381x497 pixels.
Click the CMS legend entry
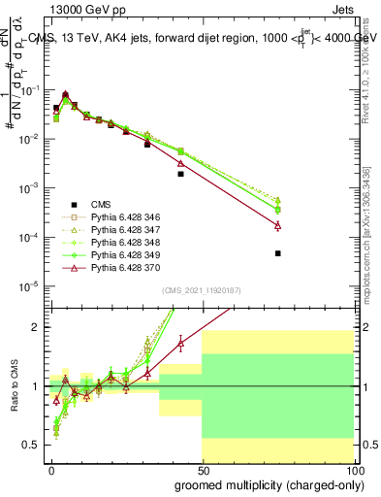pyautogui.click(x=100, y=204)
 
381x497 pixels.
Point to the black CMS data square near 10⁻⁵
pyautogui.click(x=278, y=253)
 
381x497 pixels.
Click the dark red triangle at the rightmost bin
pyautogui.click(x=278, y=225)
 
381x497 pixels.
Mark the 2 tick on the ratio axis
pyautogui.click(x=37, y=327)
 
